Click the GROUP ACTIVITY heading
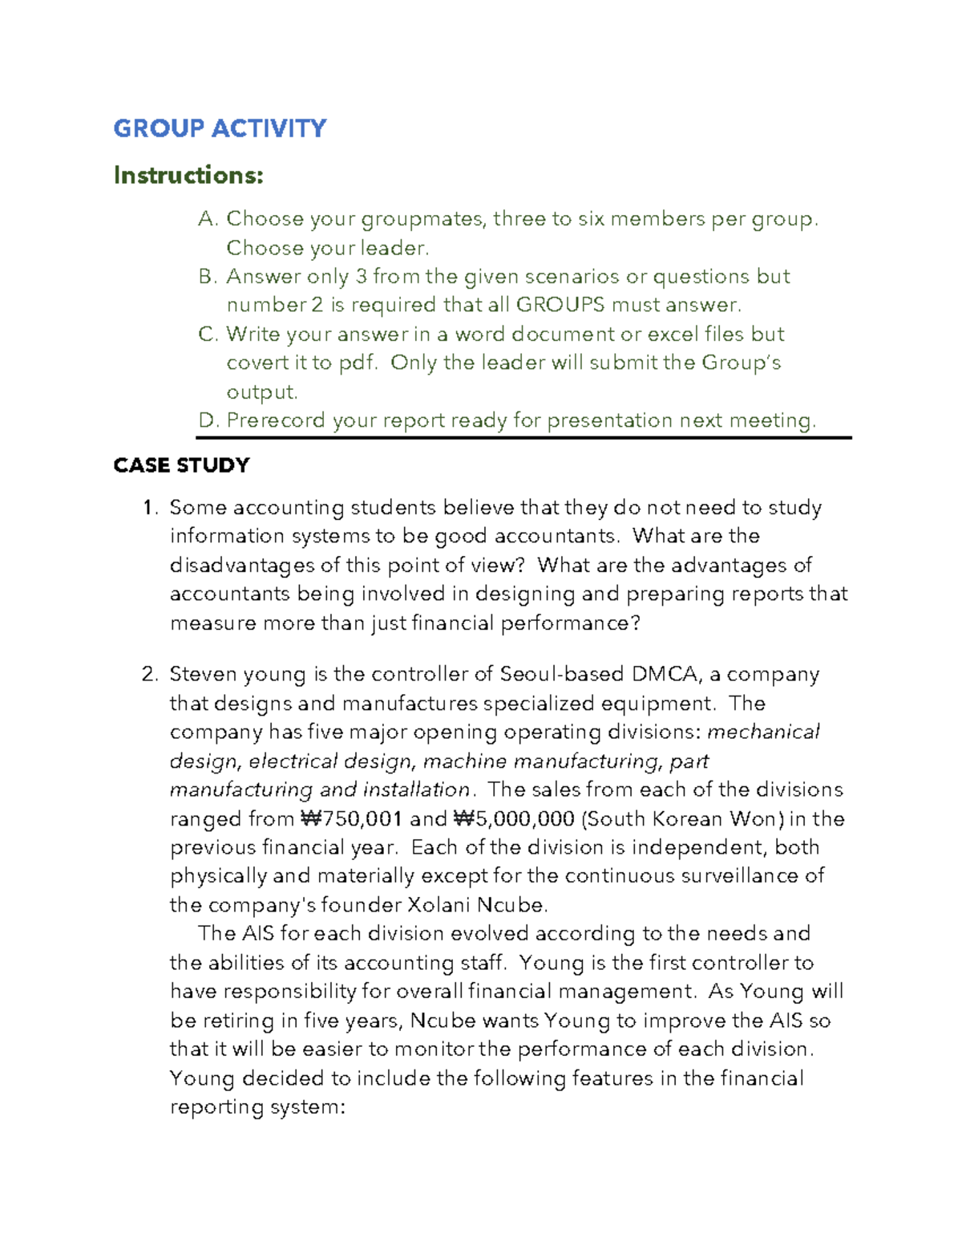(x=220, y=128)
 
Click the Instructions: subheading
(x=188, y=175)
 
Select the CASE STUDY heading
(x=181, y=465)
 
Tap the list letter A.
(x=208, y=219)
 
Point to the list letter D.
(x=208, y=420)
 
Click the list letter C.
(x=208, y=334)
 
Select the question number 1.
(x=148, y=508)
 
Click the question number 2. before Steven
(x=150, y=675)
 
